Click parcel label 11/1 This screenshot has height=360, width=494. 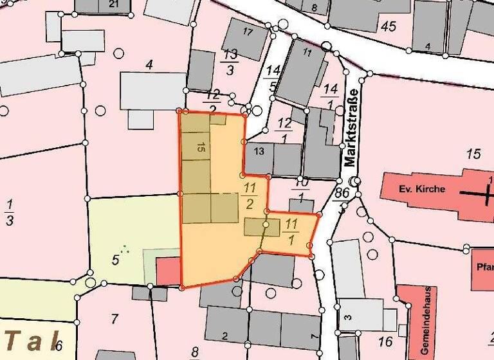click(x=291, y=231)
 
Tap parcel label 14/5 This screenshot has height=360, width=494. click(x=273, y=77)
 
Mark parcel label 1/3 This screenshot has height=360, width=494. click(x=10, y=213)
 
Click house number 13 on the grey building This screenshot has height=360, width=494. click(x=259, y=152)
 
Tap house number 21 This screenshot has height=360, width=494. click(x=114, y=4)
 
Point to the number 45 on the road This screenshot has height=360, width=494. click(x=388, y=26)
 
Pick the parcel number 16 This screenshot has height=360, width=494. click(x=386, y=341)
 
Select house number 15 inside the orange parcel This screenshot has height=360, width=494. click(x=201, y=147)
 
